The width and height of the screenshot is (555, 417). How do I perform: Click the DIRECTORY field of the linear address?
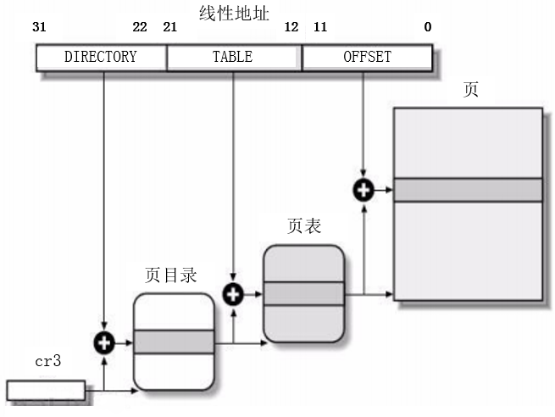pos(101,58)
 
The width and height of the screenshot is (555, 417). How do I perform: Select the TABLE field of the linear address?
pos(232,58)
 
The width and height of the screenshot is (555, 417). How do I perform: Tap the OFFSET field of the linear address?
pos(367,58)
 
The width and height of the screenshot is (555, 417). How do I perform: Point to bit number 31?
pos(39,27)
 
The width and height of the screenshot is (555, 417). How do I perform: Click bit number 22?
pos(140,27)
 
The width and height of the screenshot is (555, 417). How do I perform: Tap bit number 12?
pos(291,27)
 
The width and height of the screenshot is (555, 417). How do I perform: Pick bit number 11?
pos(319,27)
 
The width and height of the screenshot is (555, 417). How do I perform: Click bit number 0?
pos(428,27)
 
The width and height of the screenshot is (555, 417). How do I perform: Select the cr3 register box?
pos(46,391)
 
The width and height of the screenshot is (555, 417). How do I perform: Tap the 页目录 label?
pos(171,275)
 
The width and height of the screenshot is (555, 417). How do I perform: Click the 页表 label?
pos(304,227)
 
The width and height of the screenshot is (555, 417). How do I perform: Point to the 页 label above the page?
pos(471,90)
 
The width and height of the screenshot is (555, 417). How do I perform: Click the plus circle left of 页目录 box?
pos(104,343)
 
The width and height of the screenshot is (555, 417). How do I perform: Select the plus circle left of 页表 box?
pos(233,294)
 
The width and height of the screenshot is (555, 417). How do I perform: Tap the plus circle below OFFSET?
pos(364,190)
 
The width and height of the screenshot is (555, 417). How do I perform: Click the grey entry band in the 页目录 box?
pos(174,342)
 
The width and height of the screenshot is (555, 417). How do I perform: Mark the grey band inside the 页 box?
pos(468,190)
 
